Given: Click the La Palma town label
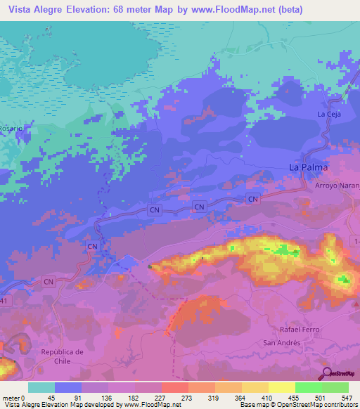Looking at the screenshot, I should point(309,167).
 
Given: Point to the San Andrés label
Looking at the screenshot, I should point(281,342).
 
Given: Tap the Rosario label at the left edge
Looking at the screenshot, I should point(11,129).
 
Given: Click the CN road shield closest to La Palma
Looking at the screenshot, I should point(253,200).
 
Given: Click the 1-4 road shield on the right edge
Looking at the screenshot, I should point(354,241).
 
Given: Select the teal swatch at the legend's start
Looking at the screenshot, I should point(41,387).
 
